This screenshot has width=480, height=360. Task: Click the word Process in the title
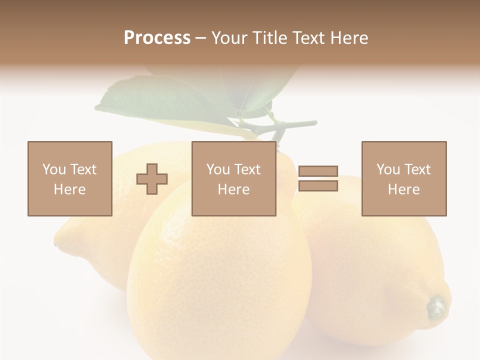point(157,38)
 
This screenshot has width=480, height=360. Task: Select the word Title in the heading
point(270,38)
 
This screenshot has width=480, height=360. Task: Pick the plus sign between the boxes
point(152,179)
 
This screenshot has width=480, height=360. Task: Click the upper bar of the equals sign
point(318,171)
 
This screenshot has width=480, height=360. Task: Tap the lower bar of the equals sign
point(318,186)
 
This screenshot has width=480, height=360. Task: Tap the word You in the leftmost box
point(54,169)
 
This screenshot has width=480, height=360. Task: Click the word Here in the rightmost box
point(404,189)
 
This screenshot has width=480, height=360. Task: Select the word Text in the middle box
point(248,169)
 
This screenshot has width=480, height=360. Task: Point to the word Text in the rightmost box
point(418,169)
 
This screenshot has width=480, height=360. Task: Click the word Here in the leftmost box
point(70,189)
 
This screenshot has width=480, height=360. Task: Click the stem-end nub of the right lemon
point(436,306)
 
